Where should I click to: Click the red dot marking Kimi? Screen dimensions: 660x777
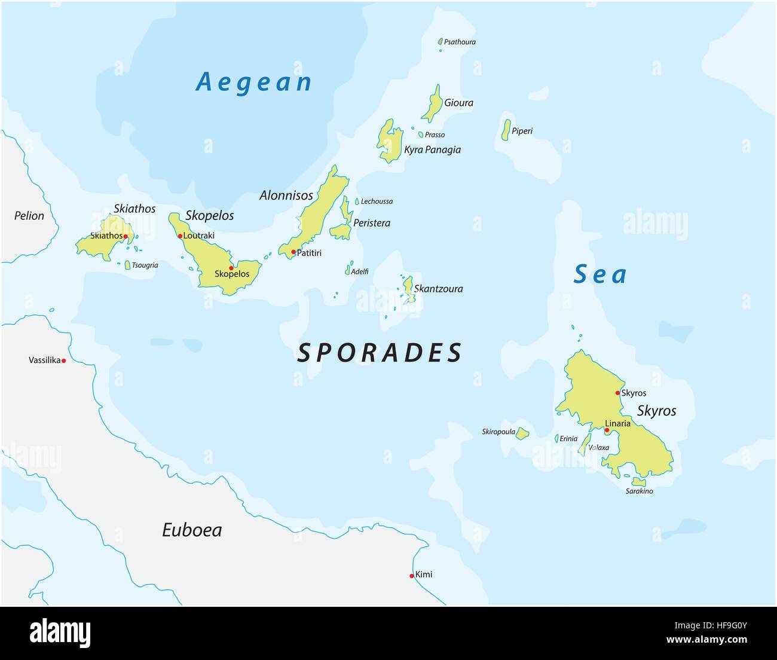pos(412,576)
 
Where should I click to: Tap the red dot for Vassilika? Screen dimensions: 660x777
pos(63,360)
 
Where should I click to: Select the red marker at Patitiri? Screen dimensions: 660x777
pos(293,252)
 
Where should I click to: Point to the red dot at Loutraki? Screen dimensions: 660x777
pos(180,236)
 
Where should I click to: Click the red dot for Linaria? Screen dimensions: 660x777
pos(607,430)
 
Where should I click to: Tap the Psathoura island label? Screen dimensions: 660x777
pos(460,42)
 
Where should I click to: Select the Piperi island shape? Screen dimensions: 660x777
pos(506,130)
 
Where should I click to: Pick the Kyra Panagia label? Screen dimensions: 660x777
pos(432,149)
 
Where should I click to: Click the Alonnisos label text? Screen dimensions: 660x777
pos(286,195)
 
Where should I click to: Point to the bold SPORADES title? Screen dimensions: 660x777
pos(380,353)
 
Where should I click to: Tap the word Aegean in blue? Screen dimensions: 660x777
pos(254,82)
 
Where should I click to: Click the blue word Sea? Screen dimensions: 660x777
pos(600,274)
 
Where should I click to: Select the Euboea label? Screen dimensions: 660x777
pos(192,530)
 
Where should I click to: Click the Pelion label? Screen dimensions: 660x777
pos(29,216)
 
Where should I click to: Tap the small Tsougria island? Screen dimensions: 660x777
pos(127,265)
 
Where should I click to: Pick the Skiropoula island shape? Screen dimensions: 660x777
pos(522,433)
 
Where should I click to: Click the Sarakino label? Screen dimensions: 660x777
pos(639,491)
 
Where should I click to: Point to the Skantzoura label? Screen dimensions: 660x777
pos(438,289)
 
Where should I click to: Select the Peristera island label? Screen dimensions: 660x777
pos(371,223)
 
